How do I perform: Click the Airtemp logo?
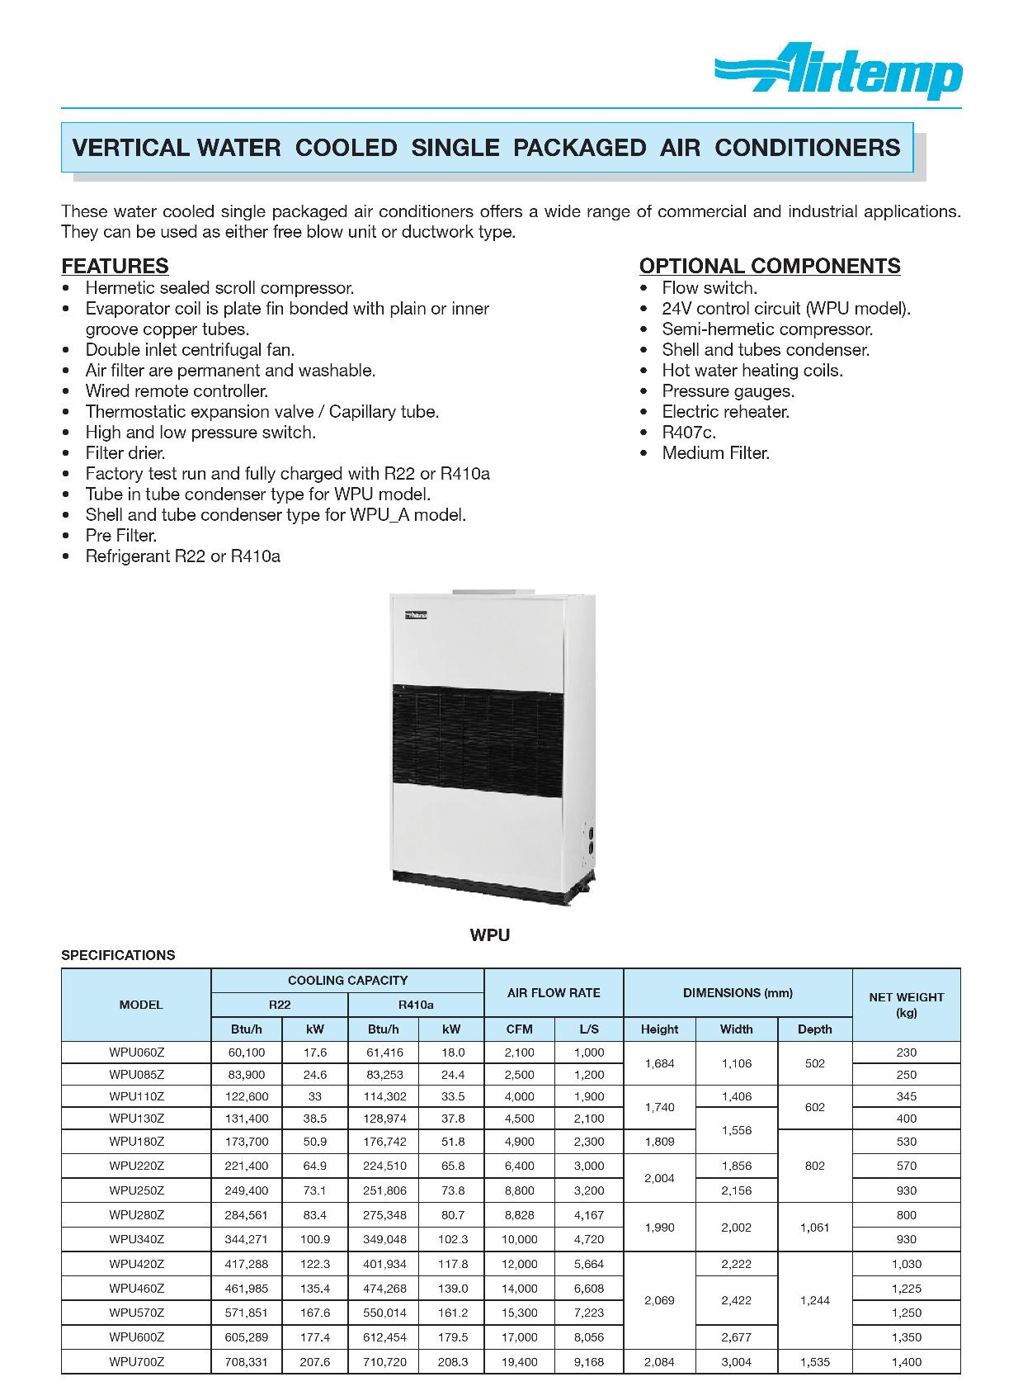click(x=838, y=72)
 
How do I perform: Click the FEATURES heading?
click(x=115, y=266)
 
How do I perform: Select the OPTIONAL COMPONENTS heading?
click(x=769, y=266)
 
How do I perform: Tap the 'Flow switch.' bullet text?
click(x=709, y=288)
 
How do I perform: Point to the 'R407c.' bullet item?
click(x=689, y=433)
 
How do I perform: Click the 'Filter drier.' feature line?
click(x=125, y=453)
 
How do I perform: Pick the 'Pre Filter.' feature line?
click(x=120, y=536)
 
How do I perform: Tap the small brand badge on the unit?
click(x=415, y=616)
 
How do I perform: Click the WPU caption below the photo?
click(x=490, y=935)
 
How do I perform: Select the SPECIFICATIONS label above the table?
click(x=118, y=955)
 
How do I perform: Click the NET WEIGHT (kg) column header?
click(x=906, y=1005)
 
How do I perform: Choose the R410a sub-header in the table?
click(x=415, y=1005)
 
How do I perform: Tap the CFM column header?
click(x=519, y=1029)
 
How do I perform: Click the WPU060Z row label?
click(x=136, y=1053)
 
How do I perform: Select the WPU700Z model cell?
click(x=136, y=1362)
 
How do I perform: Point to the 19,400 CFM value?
click(x=519, y=1362)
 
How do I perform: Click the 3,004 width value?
click(x=736, y=1362)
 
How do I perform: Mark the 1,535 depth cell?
click(x=814, y=1362)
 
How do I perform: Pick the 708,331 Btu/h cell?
click(x=247, y=1362)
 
